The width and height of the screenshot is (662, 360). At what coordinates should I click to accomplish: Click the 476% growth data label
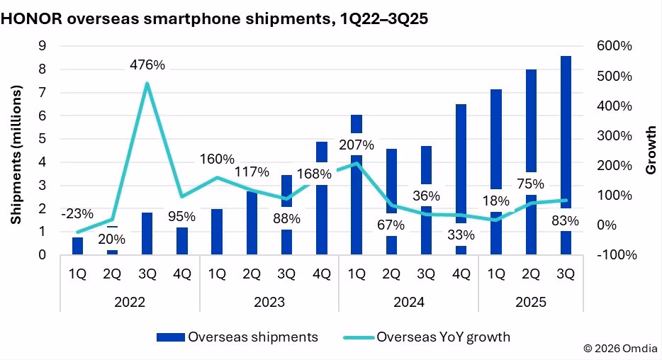147,65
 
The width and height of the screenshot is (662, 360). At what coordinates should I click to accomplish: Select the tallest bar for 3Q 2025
566,142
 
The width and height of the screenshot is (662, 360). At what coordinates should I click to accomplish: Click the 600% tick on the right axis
615,46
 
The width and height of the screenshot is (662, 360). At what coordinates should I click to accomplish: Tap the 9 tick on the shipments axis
43,46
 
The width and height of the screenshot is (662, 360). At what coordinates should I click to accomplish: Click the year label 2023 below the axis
269,301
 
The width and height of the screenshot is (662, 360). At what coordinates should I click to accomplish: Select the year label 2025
531,301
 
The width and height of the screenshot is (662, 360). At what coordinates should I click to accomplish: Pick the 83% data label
564,221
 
